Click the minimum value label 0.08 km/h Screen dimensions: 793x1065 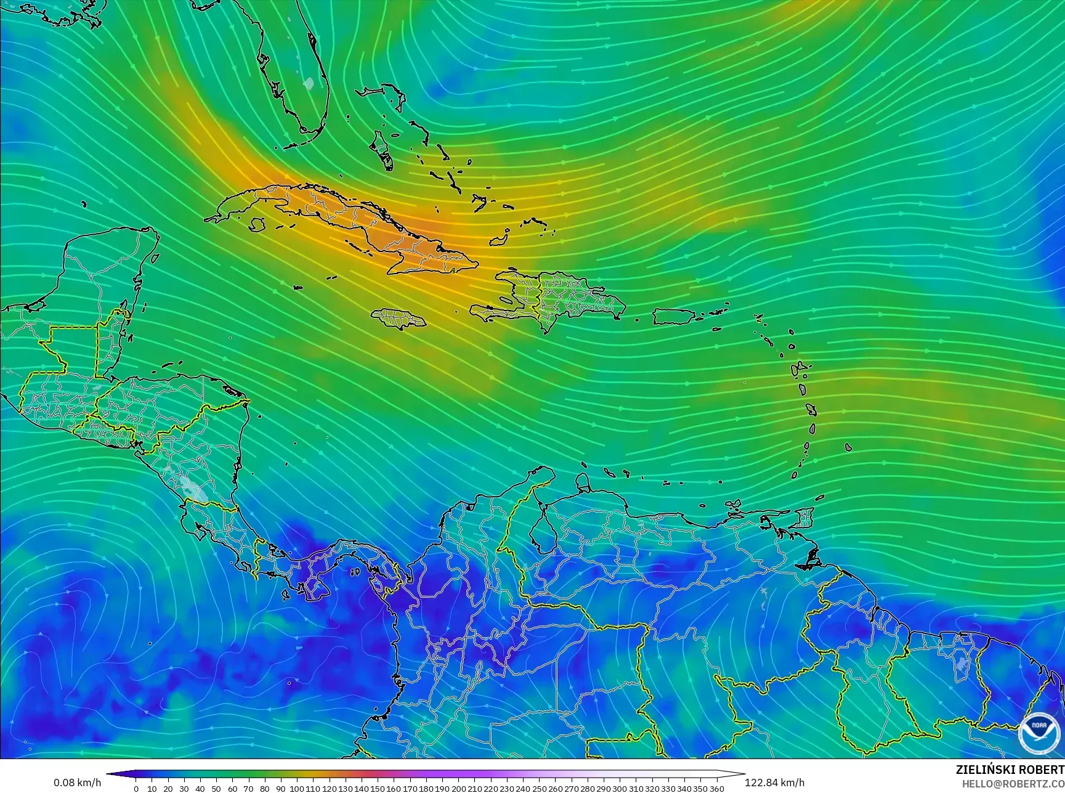click(x=77, y=783)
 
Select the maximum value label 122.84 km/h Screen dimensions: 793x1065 click(x=774, y=783)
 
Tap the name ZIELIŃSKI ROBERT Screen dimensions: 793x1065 click(x=1010, y=770)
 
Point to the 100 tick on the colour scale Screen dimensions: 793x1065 click(x=297, y=788)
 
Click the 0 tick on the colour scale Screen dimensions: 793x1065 click(x=136, y=788)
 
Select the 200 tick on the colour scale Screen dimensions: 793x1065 click(x=458, y=788)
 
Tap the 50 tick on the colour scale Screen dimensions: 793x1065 click(x=216, y=788)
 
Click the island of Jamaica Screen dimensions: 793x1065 click(x=400, y=319)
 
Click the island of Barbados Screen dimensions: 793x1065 click(x=848, y=447)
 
